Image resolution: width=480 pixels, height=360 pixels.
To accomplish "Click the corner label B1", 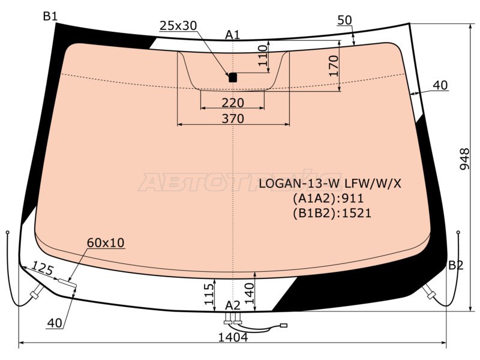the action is pos(50,16).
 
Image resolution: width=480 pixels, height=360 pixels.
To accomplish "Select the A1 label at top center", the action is pos(233,35).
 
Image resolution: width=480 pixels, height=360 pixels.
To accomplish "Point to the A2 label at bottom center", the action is pos(233,305).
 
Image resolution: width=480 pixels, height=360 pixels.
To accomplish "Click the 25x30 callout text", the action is pos(178,25).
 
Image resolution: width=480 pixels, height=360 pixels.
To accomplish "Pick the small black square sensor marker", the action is pos(233,77).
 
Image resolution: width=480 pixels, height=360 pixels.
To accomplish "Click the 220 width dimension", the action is pos(233,103).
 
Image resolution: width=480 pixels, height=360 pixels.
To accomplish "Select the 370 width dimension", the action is pos(233,119).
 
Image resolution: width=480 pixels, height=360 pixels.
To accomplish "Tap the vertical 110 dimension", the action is pos(263,56).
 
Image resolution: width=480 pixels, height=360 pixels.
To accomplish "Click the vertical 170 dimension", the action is pos(334,66).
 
